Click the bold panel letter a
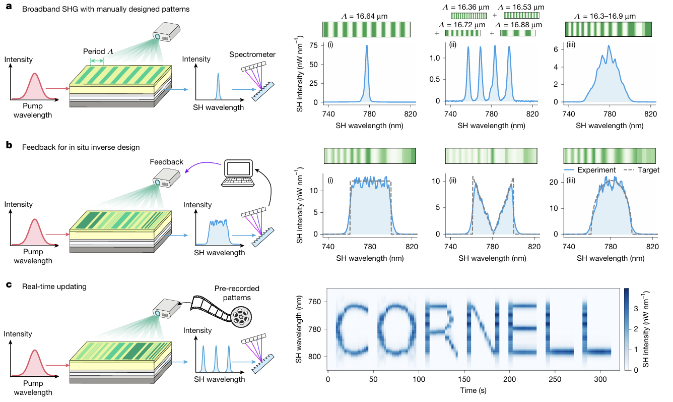pyautogui.click(x=9, y=9)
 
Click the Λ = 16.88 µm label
pyautogui.click(x=518, y=25)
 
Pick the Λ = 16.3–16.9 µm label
pyautogui.click(x=608, y=16)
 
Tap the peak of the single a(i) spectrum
pyautogui.click(x=367, y=46)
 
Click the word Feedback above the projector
pyautogui.click(x=167, y=162)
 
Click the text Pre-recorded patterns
pyautogui.click(x=237, y=293)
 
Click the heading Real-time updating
pyautogui.click(x=54, y=286)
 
